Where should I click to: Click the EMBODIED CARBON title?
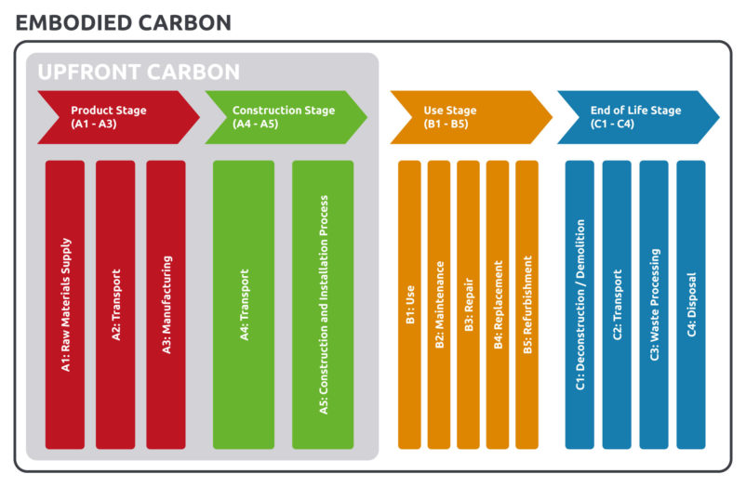[123, 22]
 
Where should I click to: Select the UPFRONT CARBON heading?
[139, 72]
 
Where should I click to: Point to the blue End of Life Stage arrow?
[633, 117]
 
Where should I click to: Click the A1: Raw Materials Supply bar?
[65, 305]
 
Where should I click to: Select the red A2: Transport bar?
[115, 305]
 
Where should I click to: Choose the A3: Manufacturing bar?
[166, 305]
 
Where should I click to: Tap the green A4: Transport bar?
[244, 305]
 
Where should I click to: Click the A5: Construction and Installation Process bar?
[323, 305]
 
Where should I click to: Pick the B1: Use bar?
[410, 305]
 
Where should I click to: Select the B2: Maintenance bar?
[439, 305]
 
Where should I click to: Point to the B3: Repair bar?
[469, 305]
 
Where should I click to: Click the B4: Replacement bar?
[498, 305]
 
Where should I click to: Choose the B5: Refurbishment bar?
[526, 305]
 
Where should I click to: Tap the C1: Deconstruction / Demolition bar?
[579, 305]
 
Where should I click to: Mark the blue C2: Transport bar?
[617, 305]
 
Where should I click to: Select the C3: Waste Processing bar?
[654, 305]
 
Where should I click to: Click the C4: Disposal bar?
[691, 305]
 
